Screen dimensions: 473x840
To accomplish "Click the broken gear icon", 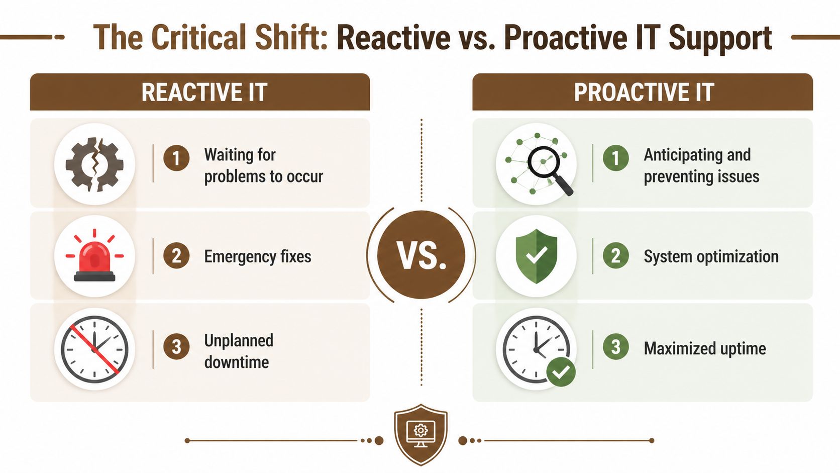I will point(94,164).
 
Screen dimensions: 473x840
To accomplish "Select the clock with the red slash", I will point(94,349).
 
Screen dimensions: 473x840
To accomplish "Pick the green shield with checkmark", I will point(536,256).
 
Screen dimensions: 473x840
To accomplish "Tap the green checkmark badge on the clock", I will point(561,372).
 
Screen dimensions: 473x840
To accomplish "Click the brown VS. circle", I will point(421,255).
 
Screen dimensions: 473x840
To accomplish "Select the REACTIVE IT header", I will point(200,92).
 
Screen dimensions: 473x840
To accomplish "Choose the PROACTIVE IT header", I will point(643,92).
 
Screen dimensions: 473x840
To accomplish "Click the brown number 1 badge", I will point(176,158).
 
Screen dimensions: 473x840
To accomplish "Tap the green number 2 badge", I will point(615,256).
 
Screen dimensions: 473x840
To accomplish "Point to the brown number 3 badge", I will point(176,346).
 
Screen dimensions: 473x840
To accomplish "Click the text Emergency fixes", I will point(257,256).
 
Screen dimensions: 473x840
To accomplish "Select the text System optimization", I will point(711,256).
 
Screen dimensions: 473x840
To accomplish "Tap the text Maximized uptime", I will point(704,348).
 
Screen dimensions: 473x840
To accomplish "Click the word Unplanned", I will point(239,340).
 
